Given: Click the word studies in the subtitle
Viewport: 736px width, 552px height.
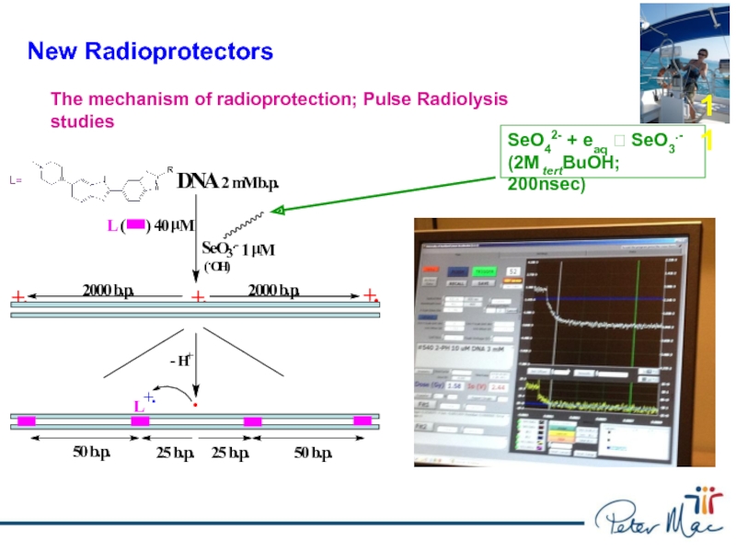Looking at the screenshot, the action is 83,121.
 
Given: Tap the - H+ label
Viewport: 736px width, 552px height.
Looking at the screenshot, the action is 180,360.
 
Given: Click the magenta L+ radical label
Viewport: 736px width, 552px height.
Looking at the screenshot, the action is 144,402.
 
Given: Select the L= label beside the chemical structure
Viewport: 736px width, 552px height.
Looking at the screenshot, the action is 16,180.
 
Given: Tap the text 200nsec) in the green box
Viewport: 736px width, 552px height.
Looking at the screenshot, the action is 546,184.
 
